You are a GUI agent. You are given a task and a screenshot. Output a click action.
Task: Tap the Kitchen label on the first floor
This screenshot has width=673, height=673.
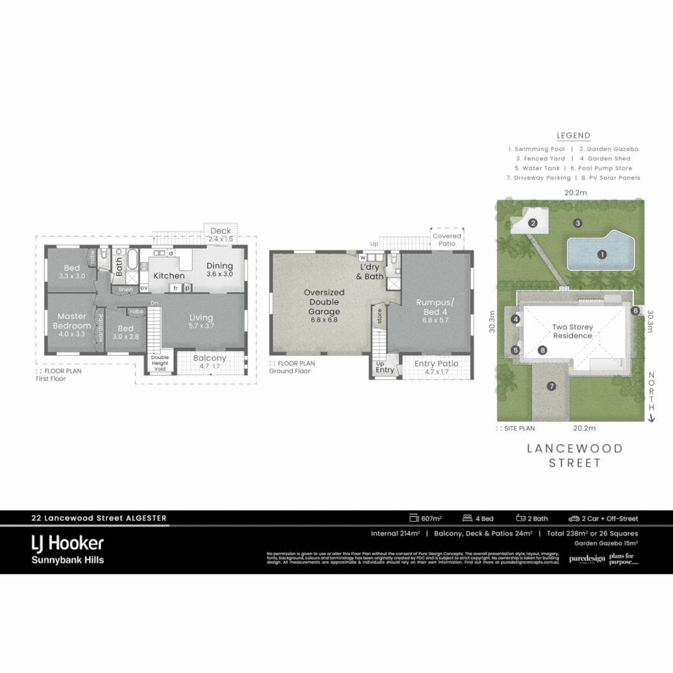point(169,275)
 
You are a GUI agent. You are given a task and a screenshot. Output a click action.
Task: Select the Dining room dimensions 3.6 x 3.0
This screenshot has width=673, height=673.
point(219,274)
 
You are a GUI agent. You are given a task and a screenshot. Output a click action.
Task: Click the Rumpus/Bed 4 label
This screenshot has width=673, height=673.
point(436,307)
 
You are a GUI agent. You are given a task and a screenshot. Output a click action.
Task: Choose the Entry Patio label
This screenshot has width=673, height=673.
point(436,363)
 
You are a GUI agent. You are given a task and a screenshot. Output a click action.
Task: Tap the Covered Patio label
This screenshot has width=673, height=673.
point(447,240)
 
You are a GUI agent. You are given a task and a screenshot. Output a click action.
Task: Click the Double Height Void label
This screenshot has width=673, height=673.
point(160,363)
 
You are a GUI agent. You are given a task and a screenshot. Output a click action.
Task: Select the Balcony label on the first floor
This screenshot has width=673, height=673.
point(209,358)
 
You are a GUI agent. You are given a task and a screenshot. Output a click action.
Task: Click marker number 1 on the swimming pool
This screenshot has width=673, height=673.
point(602,254)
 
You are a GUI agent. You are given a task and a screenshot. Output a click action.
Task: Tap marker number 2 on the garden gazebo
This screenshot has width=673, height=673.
point(533,223)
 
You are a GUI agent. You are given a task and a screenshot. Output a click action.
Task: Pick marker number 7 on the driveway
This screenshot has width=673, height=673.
point(551,386)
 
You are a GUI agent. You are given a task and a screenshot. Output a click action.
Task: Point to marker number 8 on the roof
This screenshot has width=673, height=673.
point(543,351)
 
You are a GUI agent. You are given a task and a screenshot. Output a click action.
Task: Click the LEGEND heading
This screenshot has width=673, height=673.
point(573,136)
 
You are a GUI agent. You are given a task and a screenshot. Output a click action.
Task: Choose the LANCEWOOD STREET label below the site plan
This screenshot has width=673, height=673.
point(575,456)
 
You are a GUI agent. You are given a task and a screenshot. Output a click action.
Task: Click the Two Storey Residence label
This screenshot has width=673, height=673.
point(573,331)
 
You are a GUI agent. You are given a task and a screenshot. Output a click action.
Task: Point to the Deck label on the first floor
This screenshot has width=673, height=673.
point(220,231)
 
